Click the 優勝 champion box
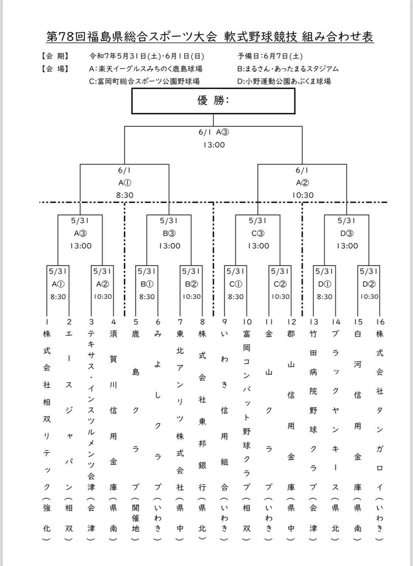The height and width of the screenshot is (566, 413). coord(213,101)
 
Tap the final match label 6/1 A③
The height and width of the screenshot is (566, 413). coord(213,132)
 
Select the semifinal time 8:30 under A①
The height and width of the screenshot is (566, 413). coord(125,195)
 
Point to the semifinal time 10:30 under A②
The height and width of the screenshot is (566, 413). coord(303,195)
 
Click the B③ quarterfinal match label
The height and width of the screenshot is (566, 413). coord(169,234)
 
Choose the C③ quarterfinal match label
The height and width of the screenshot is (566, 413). coord(258,234)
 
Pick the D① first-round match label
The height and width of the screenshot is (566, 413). coord(325,284)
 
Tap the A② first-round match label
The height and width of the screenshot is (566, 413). coord(102,284)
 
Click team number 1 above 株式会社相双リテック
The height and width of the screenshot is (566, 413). coord(47,322)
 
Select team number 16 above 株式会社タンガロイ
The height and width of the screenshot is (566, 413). coord(380,322)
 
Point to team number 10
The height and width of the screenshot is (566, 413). coord(247,322)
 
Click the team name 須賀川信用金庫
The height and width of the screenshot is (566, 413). coord(113,410)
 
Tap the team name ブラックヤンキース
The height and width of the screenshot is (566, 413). coord(336,410)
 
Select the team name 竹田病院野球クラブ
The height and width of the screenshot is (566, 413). coord(313,410)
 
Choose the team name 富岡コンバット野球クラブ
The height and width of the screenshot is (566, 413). coord(247,410)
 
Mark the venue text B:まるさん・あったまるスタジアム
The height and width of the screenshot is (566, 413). coord(288,69)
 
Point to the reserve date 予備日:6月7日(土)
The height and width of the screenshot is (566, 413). coord(270,56)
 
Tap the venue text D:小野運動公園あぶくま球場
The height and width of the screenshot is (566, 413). coord(284,81)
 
